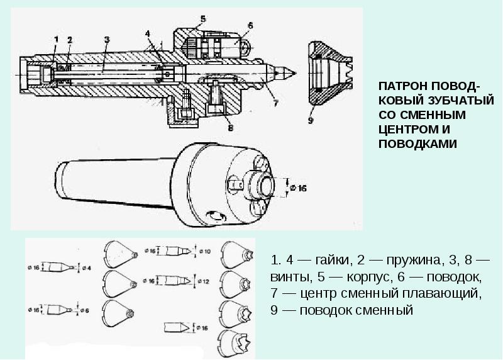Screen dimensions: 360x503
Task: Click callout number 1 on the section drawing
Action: [56, 40]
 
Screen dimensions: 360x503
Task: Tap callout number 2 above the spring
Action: [70, 39]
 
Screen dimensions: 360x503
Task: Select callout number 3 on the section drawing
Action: [107, 40]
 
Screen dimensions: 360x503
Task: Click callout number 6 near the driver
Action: [249, 25]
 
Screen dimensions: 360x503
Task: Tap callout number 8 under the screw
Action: [229, 128]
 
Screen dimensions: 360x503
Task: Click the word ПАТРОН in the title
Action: [401, 88]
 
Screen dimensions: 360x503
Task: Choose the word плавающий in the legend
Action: [442, 293]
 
